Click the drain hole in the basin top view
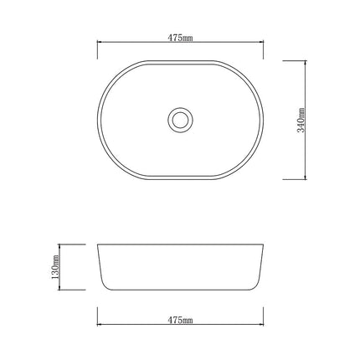(x=178, y=119)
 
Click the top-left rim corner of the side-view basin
(x=99, y=244)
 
